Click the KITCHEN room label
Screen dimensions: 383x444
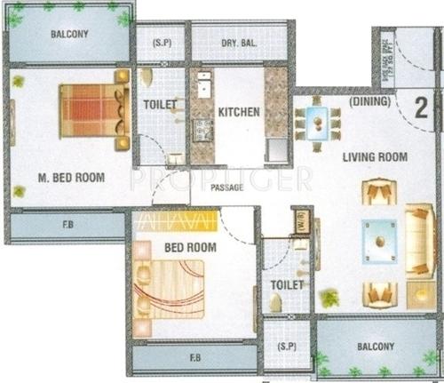[x=239, y=113]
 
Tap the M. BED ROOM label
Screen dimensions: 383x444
[x=70, y=178]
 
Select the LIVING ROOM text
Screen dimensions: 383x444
[x=375, y=157]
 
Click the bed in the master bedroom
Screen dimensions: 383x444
[x=89, y=109]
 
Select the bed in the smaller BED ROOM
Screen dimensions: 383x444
[x=170, y=286]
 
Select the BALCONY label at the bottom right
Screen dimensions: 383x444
[x=373, y=347]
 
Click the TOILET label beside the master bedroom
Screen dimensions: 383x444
[x=161, y=105]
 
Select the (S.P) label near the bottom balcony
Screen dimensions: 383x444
[x=286, y=345]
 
